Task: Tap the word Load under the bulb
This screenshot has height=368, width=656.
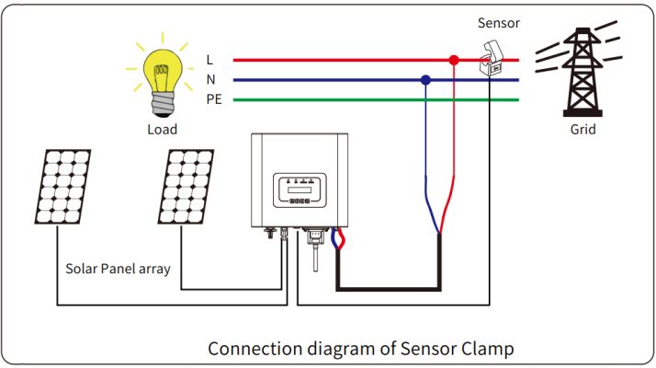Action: tap(163, 130)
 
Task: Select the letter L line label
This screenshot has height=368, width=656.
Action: tap(210, 60)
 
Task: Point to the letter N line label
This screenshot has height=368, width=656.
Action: tap(211, 80)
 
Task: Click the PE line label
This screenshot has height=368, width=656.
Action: tap(213, 99)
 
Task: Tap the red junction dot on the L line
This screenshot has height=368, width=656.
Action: tap(452, 60)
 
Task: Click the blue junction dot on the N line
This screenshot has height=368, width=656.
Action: tap(425, 80)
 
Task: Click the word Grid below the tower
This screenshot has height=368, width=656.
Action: tap(582, 130)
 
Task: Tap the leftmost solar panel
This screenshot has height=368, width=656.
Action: tap(62, 187)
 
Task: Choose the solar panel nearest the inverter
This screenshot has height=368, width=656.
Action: tap(185, 187)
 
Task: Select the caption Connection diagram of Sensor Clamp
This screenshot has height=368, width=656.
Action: tap(360, 349)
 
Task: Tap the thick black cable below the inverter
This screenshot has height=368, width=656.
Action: tap(386, 289)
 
